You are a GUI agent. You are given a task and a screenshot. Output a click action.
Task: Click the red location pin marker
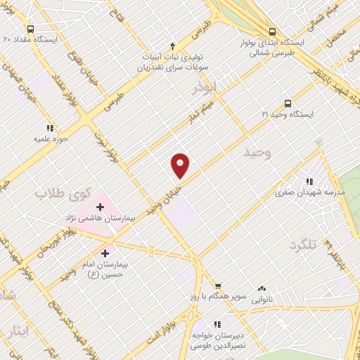181,165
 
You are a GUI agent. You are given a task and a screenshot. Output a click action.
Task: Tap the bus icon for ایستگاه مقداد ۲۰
30,29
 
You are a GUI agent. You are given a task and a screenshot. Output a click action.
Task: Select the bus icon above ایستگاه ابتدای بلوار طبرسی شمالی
271,32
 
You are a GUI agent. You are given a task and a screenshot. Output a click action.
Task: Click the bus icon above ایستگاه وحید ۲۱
287,103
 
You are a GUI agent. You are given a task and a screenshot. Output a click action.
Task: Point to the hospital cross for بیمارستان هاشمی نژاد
100,207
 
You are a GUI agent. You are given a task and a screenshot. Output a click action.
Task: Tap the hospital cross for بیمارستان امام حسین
105,253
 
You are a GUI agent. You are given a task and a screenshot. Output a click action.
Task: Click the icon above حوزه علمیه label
50,128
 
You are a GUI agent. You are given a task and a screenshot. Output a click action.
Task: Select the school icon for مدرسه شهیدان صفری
307,181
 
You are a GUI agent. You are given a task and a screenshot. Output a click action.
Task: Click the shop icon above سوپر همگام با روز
218,285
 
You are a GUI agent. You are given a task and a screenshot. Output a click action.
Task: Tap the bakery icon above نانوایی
263,288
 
